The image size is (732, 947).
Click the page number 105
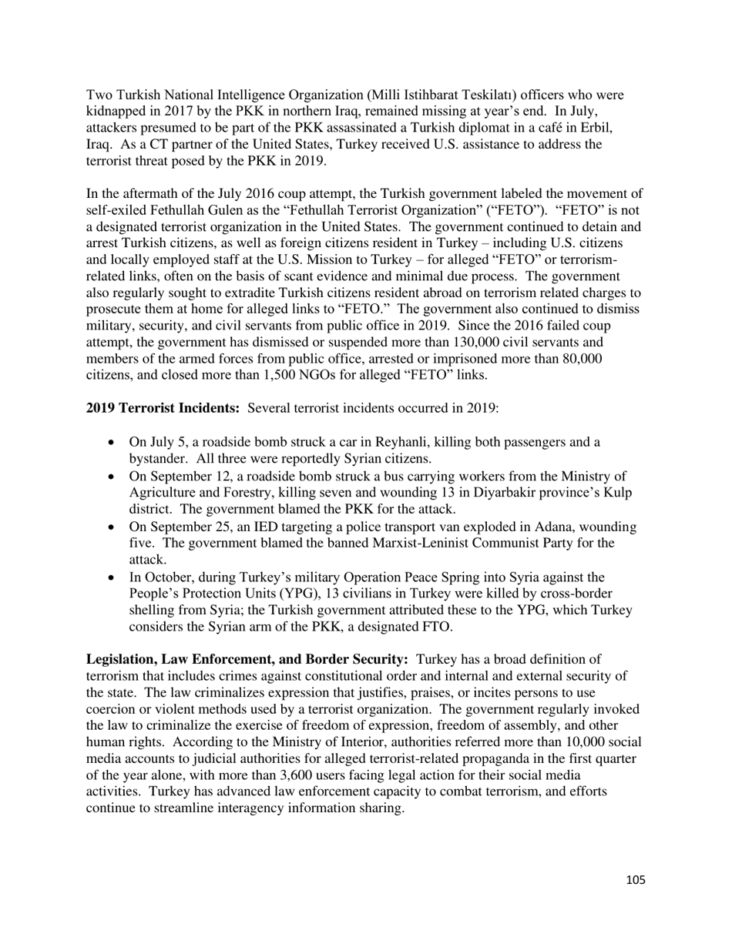[636, 880]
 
